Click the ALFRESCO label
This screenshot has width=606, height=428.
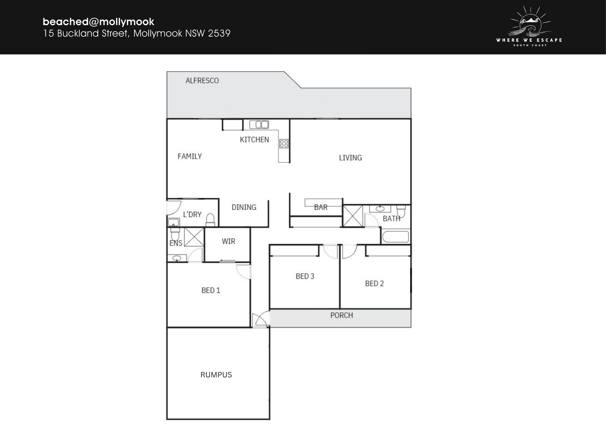tap(202, 80)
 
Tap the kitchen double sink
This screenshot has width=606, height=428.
tap(259, 125)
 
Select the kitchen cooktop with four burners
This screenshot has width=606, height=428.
tap(284, 144)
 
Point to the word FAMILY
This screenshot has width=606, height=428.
tap(190, 156)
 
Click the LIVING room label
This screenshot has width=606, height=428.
tap(350, 158)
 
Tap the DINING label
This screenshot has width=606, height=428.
tap(244, 207)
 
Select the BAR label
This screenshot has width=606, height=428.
tap(321, 207)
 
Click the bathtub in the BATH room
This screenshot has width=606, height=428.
tap(395, 237)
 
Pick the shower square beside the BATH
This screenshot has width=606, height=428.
tap(353, 216)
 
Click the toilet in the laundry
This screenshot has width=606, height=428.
tap(210, 219)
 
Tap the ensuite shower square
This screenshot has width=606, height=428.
tap(194, 237)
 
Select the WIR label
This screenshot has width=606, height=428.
tap(229, 241)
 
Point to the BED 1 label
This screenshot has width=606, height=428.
tap(211, 290)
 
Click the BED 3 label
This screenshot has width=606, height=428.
tap(305, 276)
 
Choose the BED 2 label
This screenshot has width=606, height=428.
tap(374, 283)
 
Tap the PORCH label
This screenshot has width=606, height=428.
tap(342, 315)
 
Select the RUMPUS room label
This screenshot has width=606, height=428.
tap(216, 375)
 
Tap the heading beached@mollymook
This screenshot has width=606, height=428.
tap(98, 22)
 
